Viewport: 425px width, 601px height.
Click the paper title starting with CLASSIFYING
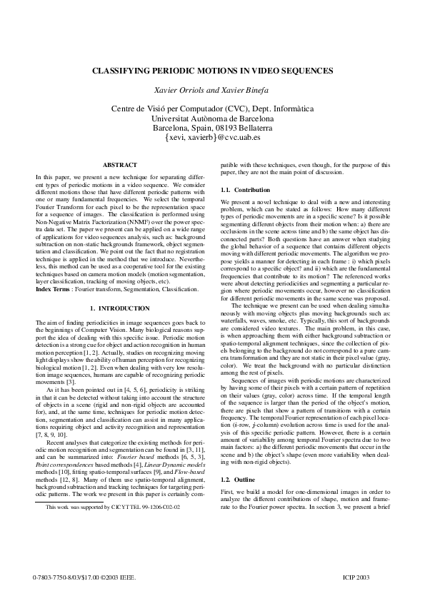(x=212, y=71)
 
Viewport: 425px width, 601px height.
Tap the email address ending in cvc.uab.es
(x=212, y=136)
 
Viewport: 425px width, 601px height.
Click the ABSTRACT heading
(x=119, y=165)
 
